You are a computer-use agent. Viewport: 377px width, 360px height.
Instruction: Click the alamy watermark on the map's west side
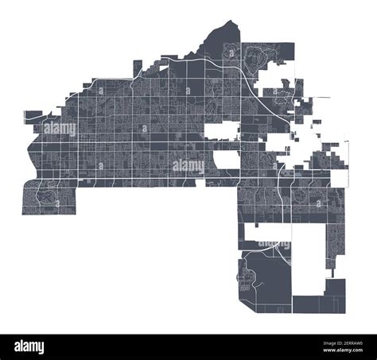click(x=60, y=127)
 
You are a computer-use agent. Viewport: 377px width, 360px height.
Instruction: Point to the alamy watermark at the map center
click(x=188, y=166)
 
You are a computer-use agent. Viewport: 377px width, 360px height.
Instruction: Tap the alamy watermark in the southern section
click(x=274, y=246)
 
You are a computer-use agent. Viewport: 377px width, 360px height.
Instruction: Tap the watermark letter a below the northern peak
click(x=230, y=52)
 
